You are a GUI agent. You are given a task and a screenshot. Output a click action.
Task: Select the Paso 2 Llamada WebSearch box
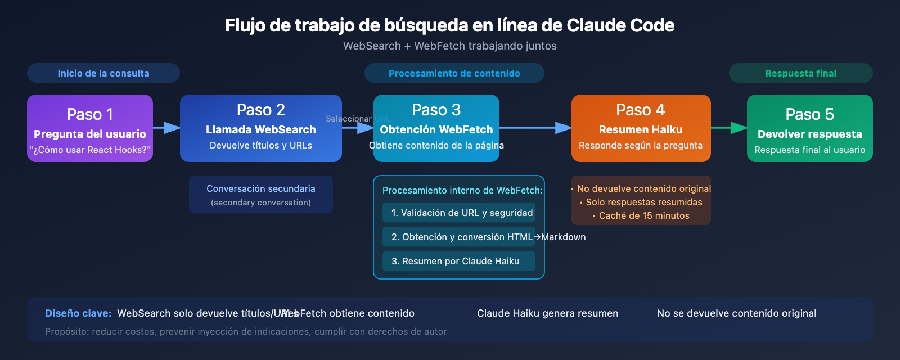tap(260, 128)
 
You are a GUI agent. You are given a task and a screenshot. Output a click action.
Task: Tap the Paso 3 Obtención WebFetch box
tap(436, 128)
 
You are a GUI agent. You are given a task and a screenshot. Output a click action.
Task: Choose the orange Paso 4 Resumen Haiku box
tap(641, 128)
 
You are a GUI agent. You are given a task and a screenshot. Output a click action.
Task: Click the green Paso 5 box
tap(809, 128)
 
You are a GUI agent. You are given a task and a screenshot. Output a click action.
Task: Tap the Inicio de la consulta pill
tap(103, 73)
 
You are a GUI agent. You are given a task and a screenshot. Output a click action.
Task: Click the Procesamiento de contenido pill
tap(454, 73)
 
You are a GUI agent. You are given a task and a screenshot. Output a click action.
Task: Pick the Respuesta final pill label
tap(800, 73)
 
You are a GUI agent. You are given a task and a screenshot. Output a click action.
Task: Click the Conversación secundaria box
tap(260, 195)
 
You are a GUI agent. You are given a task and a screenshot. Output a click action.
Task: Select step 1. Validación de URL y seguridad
tap(459, 213)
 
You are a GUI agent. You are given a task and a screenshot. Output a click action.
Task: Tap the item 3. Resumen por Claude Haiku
tap(459, 261)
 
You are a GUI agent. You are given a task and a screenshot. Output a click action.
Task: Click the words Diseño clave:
tap(78, 313)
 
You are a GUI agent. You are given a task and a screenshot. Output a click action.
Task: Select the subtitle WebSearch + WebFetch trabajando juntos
tap(450, 46)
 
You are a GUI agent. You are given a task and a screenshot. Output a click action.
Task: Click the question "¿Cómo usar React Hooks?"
tap(90, 150)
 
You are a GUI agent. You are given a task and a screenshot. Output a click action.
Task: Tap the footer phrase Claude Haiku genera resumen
tap(547, 313)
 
